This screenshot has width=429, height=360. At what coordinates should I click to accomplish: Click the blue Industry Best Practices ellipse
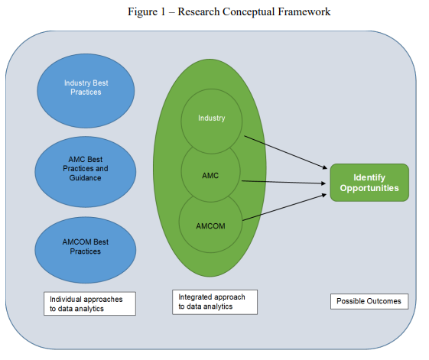tap(86, 91)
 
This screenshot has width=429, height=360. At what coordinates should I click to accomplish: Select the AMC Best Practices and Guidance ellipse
tap(86, 172)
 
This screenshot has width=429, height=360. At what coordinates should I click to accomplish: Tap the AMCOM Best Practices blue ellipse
tap(86, 250)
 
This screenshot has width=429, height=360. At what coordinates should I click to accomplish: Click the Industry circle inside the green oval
tap(212, 122)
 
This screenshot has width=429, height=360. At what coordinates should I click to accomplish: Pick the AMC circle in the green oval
tap(210, 172)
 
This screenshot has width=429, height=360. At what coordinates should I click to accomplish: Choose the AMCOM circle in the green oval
tap(210, 223)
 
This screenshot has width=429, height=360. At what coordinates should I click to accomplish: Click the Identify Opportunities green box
tap(369, 183)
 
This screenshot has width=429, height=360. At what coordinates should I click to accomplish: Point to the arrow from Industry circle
tap(286, 152)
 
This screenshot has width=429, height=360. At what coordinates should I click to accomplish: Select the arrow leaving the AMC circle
tap(284, 182)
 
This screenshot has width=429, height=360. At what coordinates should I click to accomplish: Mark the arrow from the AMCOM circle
tap(284, 207)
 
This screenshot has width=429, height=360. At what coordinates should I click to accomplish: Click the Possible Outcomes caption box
tap(369, 301)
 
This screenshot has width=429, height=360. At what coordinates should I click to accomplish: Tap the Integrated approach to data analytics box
tap(215, 302)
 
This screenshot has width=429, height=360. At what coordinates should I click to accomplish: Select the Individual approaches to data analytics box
tap(89, 303)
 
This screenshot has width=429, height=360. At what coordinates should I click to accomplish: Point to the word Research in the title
tap(199, 11)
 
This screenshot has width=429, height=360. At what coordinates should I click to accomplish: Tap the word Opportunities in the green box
tap(369, 189)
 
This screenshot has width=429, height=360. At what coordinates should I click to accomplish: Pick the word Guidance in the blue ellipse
tap(85, 178)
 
